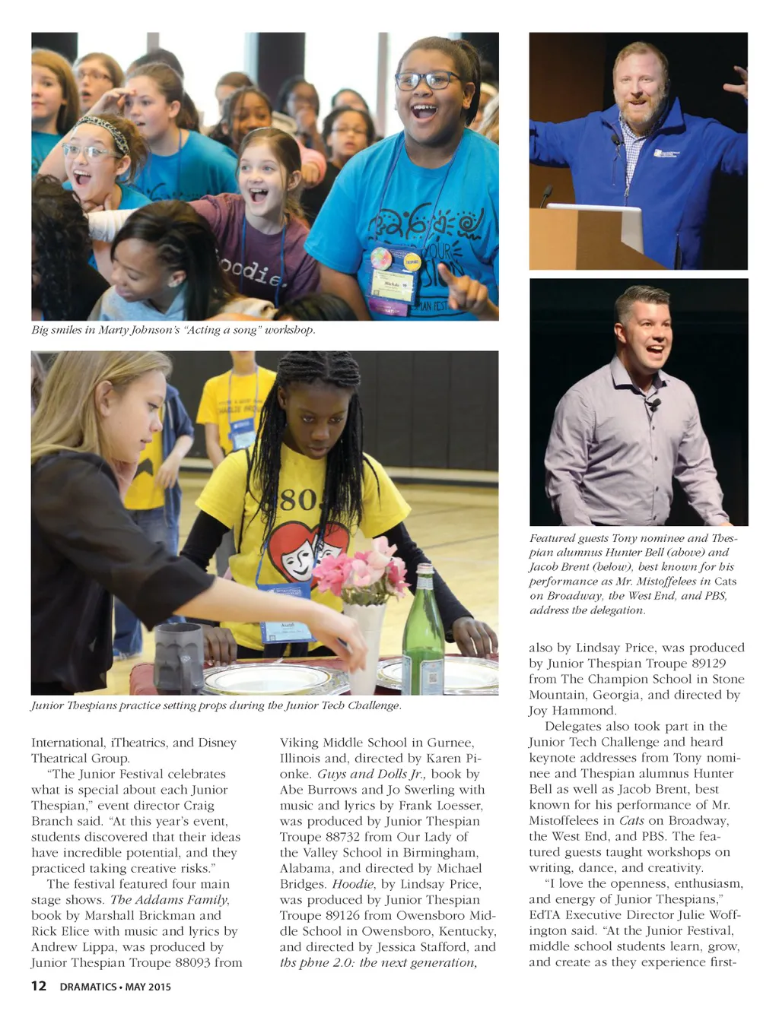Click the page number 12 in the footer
pyautogui.click(x=39, y=986)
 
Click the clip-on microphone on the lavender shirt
pyautogui.click(x=655, y=404)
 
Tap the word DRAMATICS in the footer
pyautogui.click(x=87, y=987)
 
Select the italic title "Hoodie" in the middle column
pyautogui.click(x=353, y=884)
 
